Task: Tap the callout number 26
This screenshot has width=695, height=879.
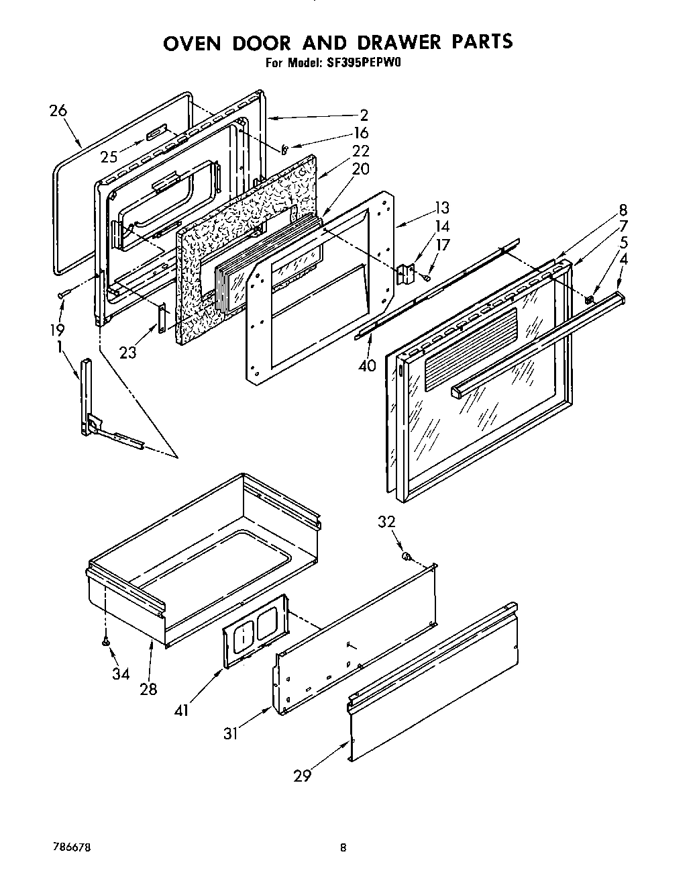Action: [58, 110]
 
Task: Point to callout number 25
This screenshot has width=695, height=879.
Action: [109, 157]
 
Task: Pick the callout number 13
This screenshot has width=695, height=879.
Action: [441, 207]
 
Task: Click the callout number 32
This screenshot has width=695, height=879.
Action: [386, 522]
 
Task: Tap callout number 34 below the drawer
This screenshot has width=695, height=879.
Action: [121, 674]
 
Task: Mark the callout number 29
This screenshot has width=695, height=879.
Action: [303, 776]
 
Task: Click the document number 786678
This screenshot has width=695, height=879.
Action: [74, 848]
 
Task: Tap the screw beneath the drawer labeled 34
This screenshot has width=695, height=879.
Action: [105, 643]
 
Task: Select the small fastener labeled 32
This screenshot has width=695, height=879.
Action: [406, 556]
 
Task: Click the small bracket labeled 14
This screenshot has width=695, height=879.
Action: [405, 273]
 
